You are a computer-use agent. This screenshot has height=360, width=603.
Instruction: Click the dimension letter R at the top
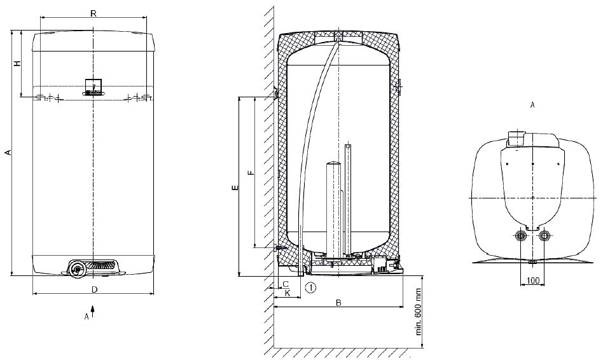[x=93, y=13]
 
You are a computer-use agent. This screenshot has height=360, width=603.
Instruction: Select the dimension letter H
[x=17, y=63]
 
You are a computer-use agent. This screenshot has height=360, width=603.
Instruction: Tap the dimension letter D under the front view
[x=95, y=289]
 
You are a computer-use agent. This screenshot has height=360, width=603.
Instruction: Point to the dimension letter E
[x=235, y=188]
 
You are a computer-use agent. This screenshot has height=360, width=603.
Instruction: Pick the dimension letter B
[x=338, y=303]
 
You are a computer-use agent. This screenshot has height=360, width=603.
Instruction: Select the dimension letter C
[x=286, y=284]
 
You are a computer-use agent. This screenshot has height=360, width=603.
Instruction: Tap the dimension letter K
[x=288, y=293]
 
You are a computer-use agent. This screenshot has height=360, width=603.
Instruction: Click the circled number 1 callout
[x=311, y=287]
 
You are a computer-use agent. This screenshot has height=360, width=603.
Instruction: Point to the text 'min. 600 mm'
[x=419, y=312]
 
